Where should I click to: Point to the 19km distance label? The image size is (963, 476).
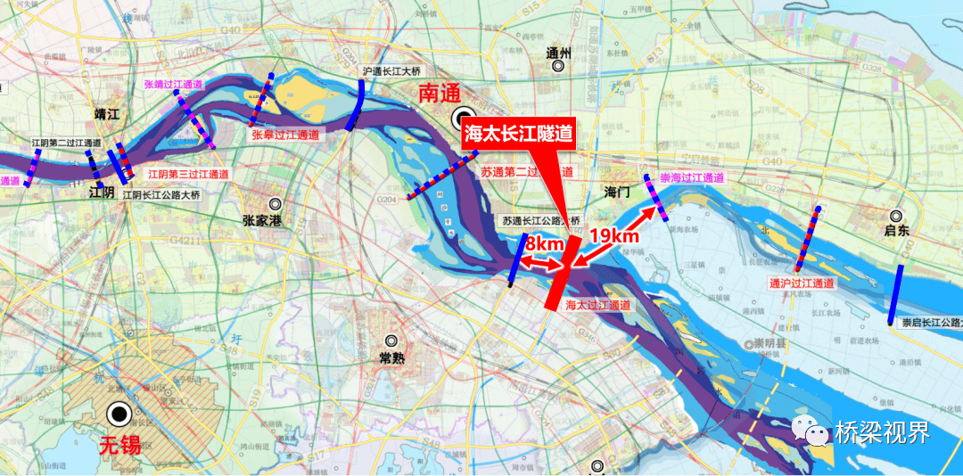pyautogui.click(x=615, y=236)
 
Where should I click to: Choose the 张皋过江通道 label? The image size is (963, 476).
pyautogui.click(x=285, y=135)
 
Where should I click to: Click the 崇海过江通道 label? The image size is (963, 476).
pyautogui.click(x=692, y=178)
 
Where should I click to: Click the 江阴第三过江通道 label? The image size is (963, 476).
pyautogui.click(x=188, y=175)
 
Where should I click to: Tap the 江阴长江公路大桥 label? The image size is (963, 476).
pyautogui.click(x=161, y=194)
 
